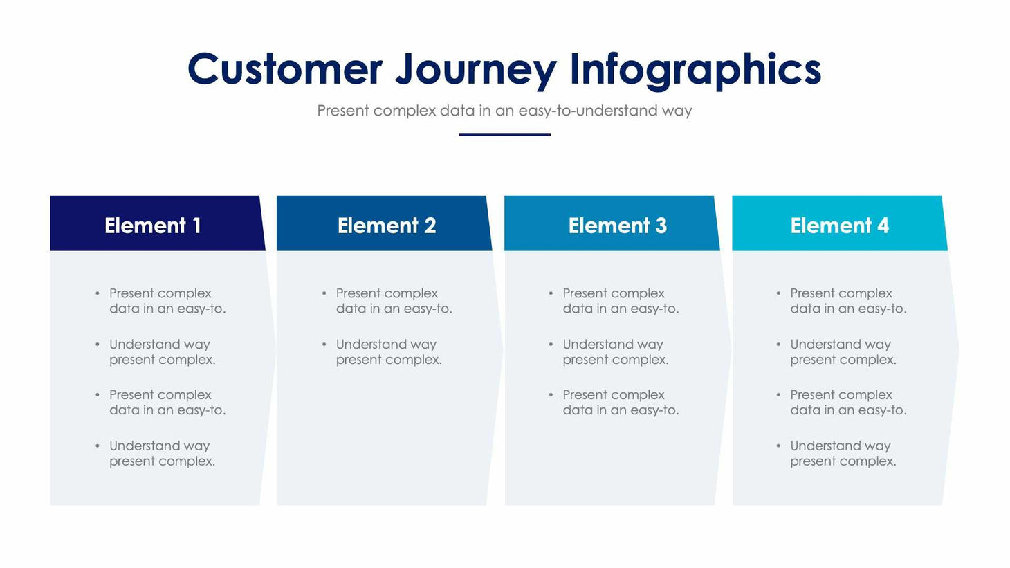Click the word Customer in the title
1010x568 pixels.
(x=284, y=69)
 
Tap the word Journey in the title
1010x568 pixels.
(x=476, y=71)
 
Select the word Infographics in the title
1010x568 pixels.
(x=695, y=71)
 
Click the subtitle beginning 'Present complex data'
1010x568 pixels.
(x=504, y=111)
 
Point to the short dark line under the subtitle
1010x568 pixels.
(x=504, y=134)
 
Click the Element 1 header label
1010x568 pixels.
(x=153, y=226)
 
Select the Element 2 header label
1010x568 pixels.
(x=387, y=226)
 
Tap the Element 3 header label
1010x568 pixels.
(x=617, y=226)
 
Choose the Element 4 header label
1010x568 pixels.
(x=839, y=226)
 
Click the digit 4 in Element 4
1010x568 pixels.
(x=883, y=226)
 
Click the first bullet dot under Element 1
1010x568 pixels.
(x=98, y=293)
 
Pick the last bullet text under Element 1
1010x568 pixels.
(x=162, y=453)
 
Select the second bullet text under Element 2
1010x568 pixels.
(x=388, y=351)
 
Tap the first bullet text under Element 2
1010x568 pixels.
(x=394, y=301)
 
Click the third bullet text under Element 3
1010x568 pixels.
(x=621, y=402)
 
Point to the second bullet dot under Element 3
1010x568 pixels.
(x=551, y=344)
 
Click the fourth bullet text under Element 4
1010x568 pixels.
(x=843, y=453)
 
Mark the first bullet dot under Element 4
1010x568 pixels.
(x=778, y=293)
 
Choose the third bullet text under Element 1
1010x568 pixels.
(x=167, y=402)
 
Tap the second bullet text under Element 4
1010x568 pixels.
(x=843, y=351)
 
